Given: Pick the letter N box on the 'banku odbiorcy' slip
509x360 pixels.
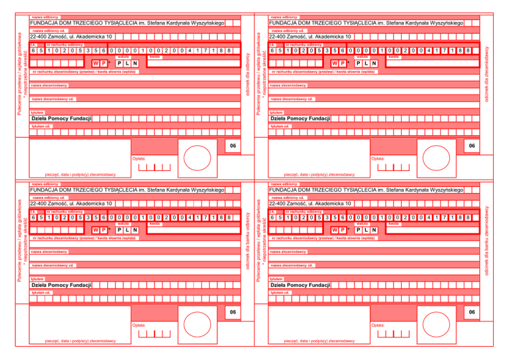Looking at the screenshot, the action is pyautogui.click(x=135, y=230).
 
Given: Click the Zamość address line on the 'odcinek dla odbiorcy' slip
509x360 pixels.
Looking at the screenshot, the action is pyautogui.click(x=72, y=36).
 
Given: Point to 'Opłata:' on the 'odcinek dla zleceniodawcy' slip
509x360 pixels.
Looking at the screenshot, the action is pyautogui.click(x=378, y=158).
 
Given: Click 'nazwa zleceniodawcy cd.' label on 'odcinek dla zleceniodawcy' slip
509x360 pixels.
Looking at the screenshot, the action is pyautogui.click(x=292, y=99).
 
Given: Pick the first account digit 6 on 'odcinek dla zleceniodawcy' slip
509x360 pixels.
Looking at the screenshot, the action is pyautogui.click(x=273, y=50).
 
